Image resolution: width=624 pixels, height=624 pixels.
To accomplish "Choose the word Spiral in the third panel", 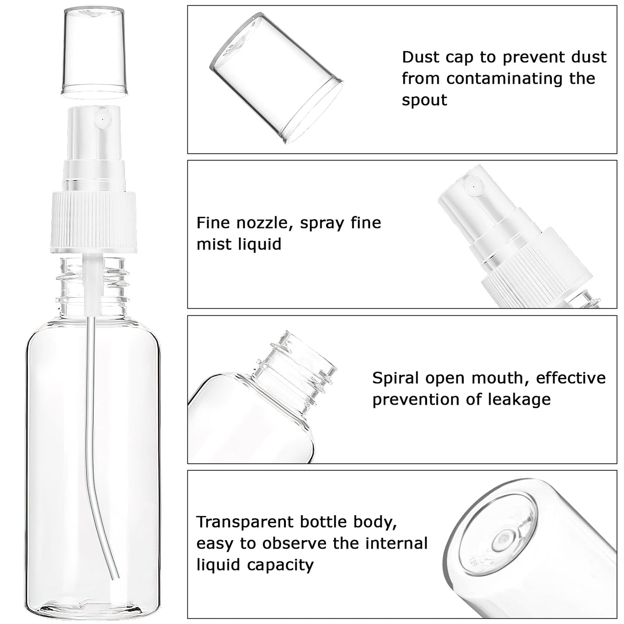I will click(396, 378).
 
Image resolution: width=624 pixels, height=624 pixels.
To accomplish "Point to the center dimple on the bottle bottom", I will click(502, 539).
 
